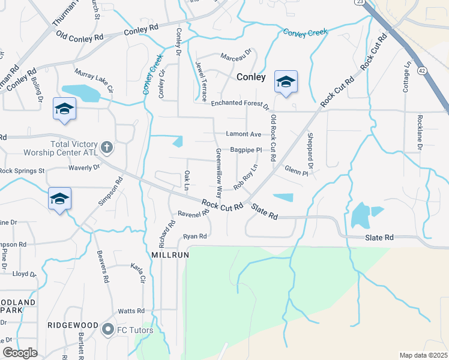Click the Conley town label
[x=251, y=77]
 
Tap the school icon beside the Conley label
[x=286, y=82]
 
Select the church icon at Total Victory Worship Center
[x=107, y=146]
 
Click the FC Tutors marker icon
[x=108, y=329]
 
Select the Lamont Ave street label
[x=244, y=134]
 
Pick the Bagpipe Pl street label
[x=246, y=149]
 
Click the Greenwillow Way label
[x=219, y=174]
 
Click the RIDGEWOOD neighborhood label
[x=73, y=325]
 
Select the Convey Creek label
[x=306, y=33]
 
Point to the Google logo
[x=20, y=353]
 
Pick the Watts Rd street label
[x=131, y=311]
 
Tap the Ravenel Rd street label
[x=193, y=213]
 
